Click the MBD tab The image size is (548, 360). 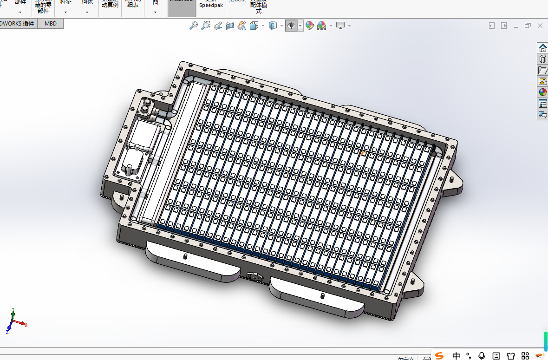tap(50, 23)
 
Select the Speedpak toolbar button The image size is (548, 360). tap(211, 6)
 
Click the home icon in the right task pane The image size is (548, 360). tap(542, 48)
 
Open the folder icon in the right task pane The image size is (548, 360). tap(542, 70)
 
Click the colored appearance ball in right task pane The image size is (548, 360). tap(542, 92)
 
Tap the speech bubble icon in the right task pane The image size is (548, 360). tap(542, 115)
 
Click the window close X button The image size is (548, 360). tap(540, 26)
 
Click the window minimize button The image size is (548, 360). tap(516, 26)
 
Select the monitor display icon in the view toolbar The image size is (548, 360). tap(340, 26)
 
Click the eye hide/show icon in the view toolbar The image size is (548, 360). tap(291, 26)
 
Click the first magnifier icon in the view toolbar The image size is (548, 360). tap(194, 26)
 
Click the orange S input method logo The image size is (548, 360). tap(439, 355)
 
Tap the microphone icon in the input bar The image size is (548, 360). tap(482, 355)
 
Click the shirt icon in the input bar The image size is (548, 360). tap(511, 355)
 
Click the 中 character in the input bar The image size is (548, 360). tap(457, 355)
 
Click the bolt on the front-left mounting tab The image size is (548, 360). tap(184, 256)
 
